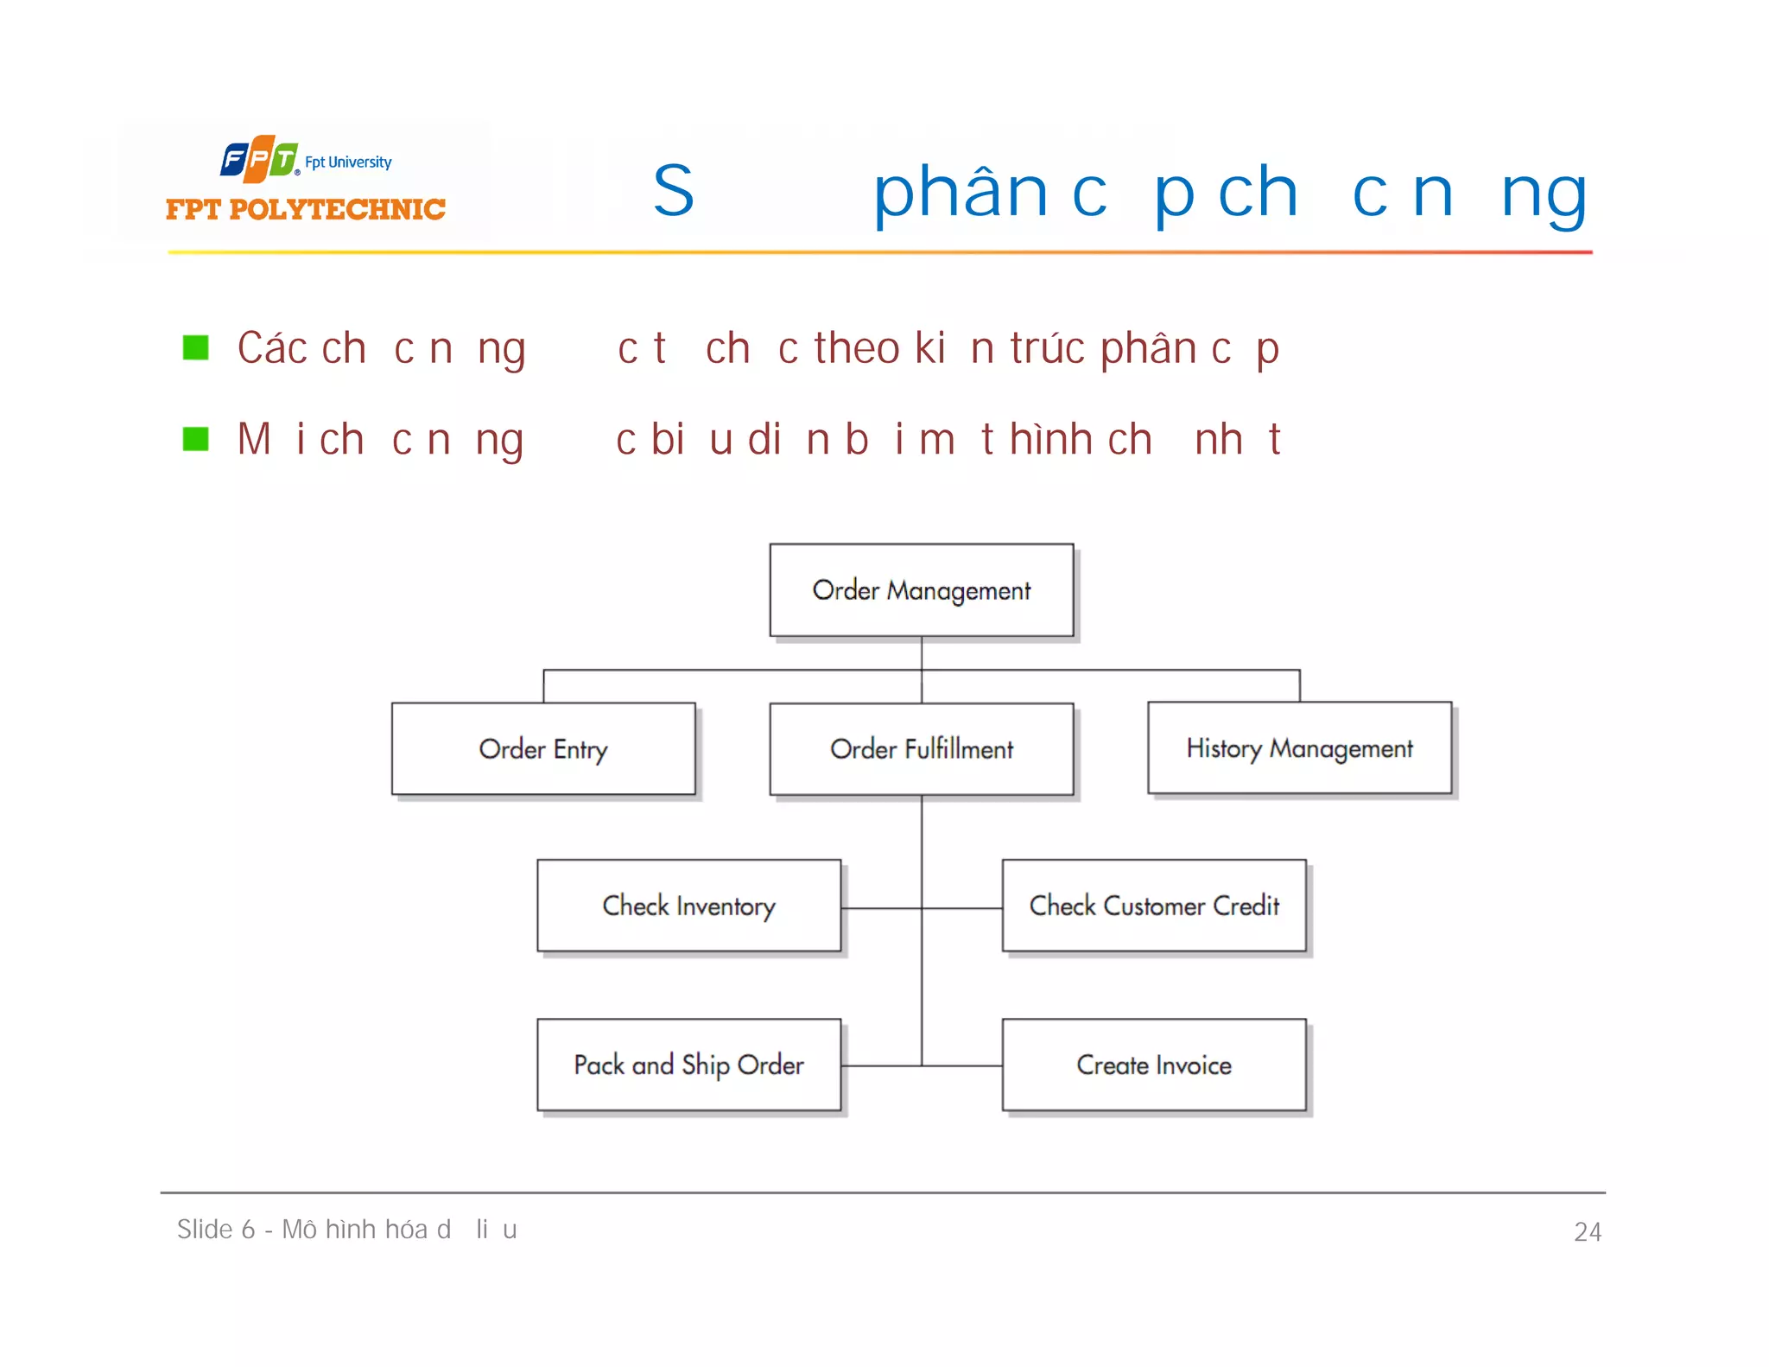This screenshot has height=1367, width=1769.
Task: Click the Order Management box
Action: pos(921,590)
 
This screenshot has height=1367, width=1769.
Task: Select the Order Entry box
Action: pos(543,748)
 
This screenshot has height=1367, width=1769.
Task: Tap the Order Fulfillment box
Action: pos(921,748)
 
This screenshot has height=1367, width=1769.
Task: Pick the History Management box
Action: pos(1299,747)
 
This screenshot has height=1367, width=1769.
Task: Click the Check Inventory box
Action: pos(688,906)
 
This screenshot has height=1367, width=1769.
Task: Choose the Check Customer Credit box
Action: pos(1154,906)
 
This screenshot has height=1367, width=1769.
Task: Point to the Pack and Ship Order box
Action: pos(688,1065)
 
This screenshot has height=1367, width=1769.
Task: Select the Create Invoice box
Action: pos(1154,1065)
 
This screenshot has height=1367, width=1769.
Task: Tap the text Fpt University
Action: pos(348,162)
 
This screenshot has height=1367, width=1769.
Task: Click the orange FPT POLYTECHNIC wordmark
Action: pos(306,209)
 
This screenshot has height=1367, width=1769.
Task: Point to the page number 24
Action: pos(1588,1231)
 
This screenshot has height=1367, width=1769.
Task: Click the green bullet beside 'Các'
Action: pos(196,348)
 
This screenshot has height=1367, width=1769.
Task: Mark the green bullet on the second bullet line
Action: pos(196,439)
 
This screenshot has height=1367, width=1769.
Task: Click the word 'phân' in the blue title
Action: pos(961,192)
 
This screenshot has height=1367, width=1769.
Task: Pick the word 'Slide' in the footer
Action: pos(205,1230)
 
